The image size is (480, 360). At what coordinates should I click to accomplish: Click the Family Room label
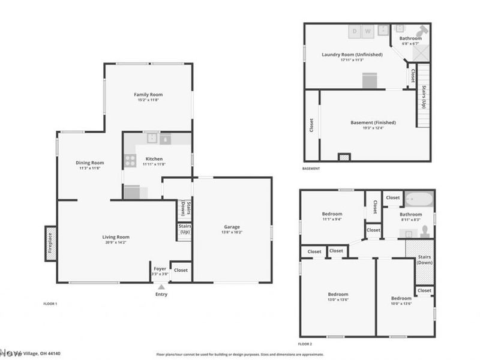(x=148, y=94)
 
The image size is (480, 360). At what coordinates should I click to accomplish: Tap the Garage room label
(x=232, y=227)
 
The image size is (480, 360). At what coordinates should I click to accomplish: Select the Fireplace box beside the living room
(x=50, y=244)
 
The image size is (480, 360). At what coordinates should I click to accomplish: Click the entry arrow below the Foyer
(x=160, y=287)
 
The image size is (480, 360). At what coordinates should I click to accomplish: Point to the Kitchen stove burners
(x=130, y=160)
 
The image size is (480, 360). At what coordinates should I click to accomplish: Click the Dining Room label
(x=90, y=163)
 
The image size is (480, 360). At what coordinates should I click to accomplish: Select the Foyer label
(x=160, y=269)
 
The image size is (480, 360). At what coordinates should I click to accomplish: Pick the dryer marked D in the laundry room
(x=354, y=31)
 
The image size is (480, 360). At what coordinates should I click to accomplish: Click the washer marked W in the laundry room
(x=368, y=31)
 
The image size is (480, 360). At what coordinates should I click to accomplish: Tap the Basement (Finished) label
(x=373, y=123)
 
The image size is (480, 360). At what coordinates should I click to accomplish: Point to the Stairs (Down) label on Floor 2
(x=425, y=260)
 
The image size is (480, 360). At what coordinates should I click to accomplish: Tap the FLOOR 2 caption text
(x=305, y=344)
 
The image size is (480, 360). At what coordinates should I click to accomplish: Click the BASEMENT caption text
(x=311, y=169)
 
